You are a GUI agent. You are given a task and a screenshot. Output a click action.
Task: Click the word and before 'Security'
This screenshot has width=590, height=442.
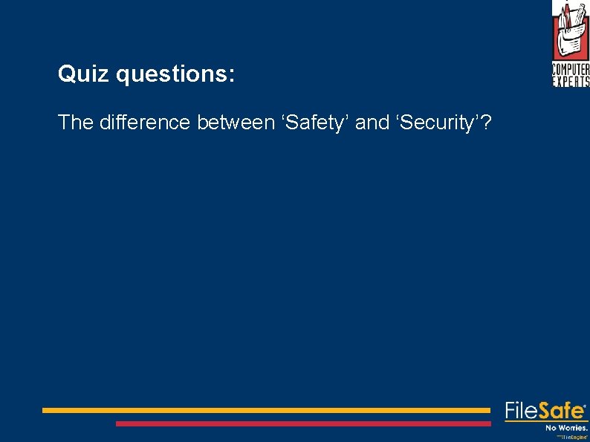(x=372, y=123)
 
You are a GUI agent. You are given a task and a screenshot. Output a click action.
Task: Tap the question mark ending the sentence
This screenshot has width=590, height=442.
(x=485, y=123)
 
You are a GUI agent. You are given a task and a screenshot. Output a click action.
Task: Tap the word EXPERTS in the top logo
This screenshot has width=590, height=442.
(x=571, y=81)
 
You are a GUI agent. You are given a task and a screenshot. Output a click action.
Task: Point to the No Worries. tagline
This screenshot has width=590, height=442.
(x=566, y=428)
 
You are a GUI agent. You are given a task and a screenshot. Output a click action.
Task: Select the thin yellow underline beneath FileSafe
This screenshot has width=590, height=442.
(x=546, y=421)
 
